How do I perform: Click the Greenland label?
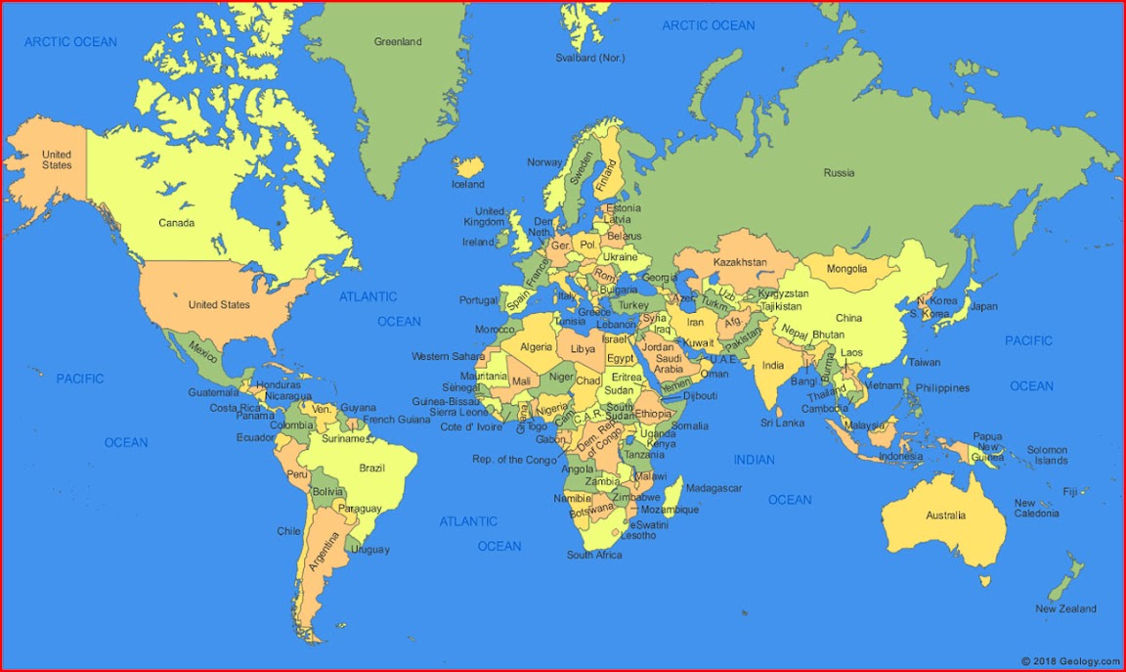[398, 42]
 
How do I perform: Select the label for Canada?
[176, 223]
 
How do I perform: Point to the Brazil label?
[371, 469]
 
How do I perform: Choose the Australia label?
[945, 515]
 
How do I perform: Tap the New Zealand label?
[1065, 608]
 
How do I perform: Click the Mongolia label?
[846, 269]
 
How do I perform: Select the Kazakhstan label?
[740, 263]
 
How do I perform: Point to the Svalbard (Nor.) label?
[589, 58]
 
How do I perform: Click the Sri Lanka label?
[783, 424]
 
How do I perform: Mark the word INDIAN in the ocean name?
[754, 460]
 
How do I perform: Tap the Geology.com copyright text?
[1071, 662]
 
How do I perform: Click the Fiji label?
[1069, 491]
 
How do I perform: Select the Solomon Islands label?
[1047, 456]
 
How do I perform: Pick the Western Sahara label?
[448, 356]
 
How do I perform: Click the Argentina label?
[323, 552]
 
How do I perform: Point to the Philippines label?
[942, 388]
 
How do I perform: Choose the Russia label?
[839, 173]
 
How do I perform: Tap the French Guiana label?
[397, 420]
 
